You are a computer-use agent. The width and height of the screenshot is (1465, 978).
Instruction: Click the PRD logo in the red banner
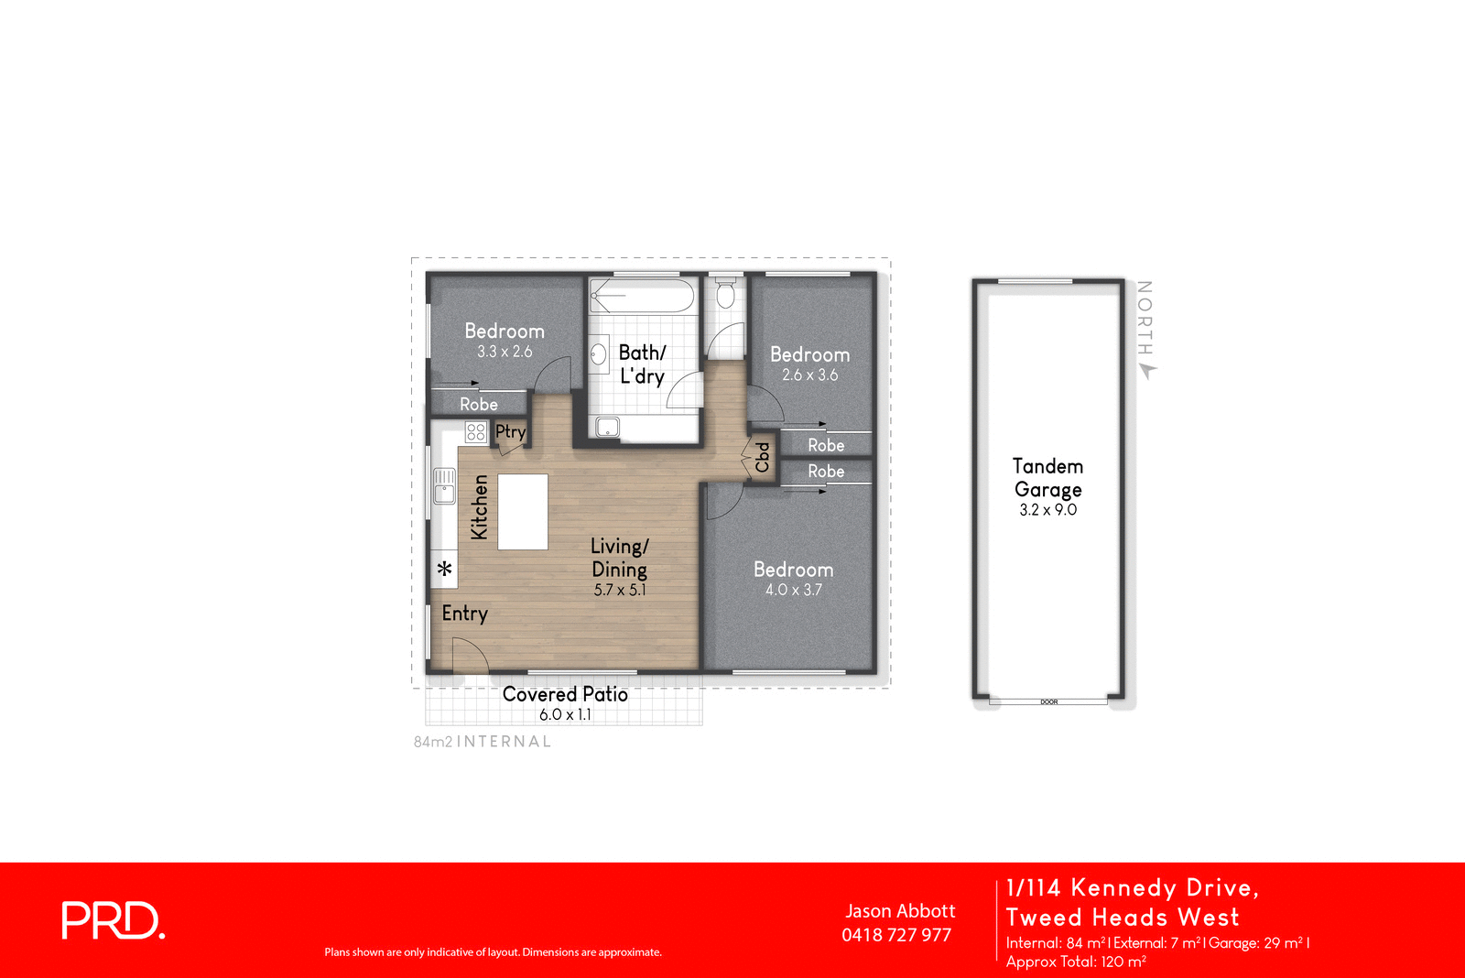tap(113, 920)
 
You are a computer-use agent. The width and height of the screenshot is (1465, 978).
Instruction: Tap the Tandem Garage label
tap(1047, 478)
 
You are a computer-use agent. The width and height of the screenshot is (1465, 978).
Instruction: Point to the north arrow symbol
tap(1147, 371)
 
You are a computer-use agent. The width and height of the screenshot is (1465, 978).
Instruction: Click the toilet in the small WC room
tap(725, 295)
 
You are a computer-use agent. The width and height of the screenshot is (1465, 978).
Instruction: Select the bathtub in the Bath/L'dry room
tap(642, 296)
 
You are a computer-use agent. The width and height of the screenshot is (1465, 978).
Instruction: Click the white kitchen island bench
tap(523, 511)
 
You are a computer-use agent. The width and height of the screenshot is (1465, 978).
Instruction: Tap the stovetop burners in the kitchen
tap(475, 432)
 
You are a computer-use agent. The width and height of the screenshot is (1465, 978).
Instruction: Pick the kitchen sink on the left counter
tap(444, 485)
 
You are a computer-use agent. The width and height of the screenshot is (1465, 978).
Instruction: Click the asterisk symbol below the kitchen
tap(445, 569)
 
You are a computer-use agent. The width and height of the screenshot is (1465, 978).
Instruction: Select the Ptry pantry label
tap(510, 431)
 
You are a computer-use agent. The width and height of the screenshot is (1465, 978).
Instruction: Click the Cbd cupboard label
tap(762, 457)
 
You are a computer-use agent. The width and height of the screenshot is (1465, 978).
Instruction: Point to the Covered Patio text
tap(565, 694)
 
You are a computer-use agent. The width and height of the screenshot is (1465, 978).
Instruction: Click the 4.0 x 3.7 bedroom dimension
tap(793, 590)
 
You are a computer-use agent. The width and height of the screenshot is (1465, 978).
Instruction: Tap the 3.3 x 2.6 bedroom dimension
tap(504, 352)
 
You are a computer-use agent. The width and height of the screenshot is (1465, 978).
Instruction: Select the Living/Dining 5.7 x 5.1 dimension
tap(619, 590)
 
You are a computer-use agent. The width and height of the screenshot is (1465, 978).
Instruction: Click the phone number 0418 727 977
tap(896, 935)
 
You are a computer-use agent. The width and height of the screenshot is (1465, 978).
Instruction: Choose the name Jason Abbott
tap(900, 911)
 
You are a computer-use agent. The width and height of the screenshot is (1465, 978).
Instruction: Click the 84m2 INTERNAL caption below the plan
tap(483, 742)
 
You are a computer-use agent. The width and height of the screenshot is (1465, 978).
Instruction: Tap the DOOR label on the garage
tap(1048, 702)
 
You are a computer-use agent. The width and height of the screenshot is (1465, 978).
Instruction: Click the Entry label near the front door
tap(464, 613)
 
